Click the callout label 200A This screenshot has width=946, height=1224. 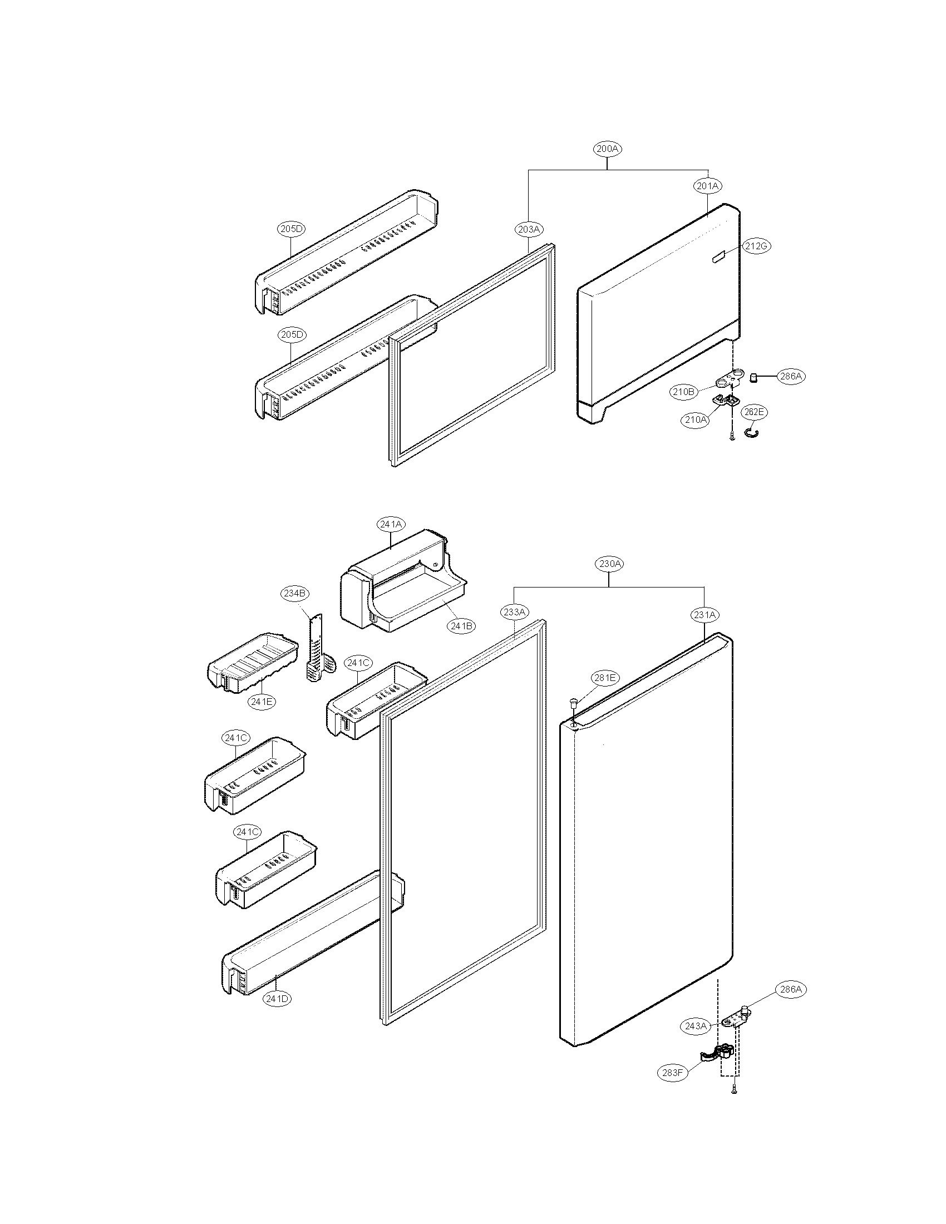[x=608, y=149]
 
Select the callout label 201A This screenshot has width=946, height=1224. [x=708, y=185]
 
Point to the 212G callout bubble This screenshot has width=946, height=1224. [x=757, y=246]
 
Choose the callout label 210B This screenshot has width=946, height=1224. [x=683, y=392]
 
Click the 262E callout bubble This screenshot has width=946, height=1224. [x=754, y=412]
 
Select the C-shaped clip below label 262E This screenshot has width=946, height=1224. [x=751, y=431]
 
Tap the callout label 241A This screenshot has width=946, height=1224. [x=391, y=525]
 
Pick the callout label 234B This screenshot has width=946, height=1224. [x=294, y=593]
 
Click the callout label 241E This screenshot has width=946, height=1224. [x=262, y=701]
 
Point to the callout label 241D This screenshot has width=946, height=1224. [x=278, y=998]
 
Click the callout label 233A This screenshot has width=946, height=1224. [x=514, y=613]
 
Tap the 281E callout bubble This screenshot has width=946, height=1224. [x=605, y=678]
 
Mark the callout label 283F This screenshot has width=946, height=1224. [x=672, y=1073]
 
